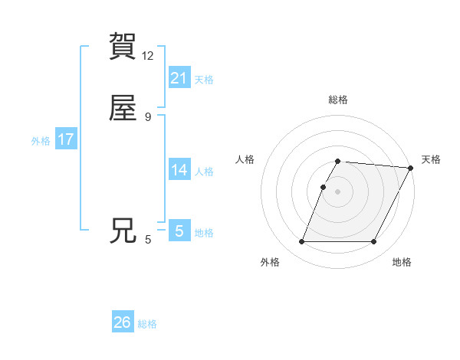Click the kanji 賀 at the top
click(x=123, y=47)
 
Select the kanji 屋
click(x=123, y=110)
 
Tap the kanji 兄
click(x=123, y=231)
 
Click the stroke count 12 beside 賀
click(x=148, y=56)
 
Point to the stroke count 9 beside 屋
click(x=148, y=117)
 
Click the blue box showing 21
click(x=179, y=78)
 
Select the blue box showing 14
click(x=179, y=170)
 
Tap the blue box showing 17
click(x=66, y=139)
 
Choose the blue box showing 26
click(x=123, y=322)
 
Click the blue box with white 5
click(x=179, y=231)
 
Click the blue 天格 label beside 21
click(x=204, y=80)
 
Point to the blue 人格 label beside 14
click(x=204, y=172)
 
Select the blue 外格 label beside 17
click(x=41, y=141)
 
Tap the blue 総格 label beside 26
click(x=147, y=324)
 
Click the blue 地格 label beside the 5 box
click(x=204, y=233)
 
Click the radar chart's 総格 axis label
click(x=338, y=100)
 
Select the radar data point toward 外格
click(x=302, y=242)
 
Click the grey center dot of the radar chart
click(x=338, y=191)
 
